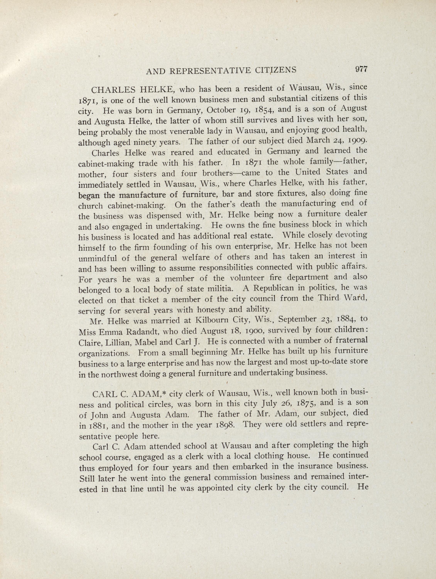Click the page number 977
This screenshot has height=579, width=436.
click(x=361, y=69)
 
